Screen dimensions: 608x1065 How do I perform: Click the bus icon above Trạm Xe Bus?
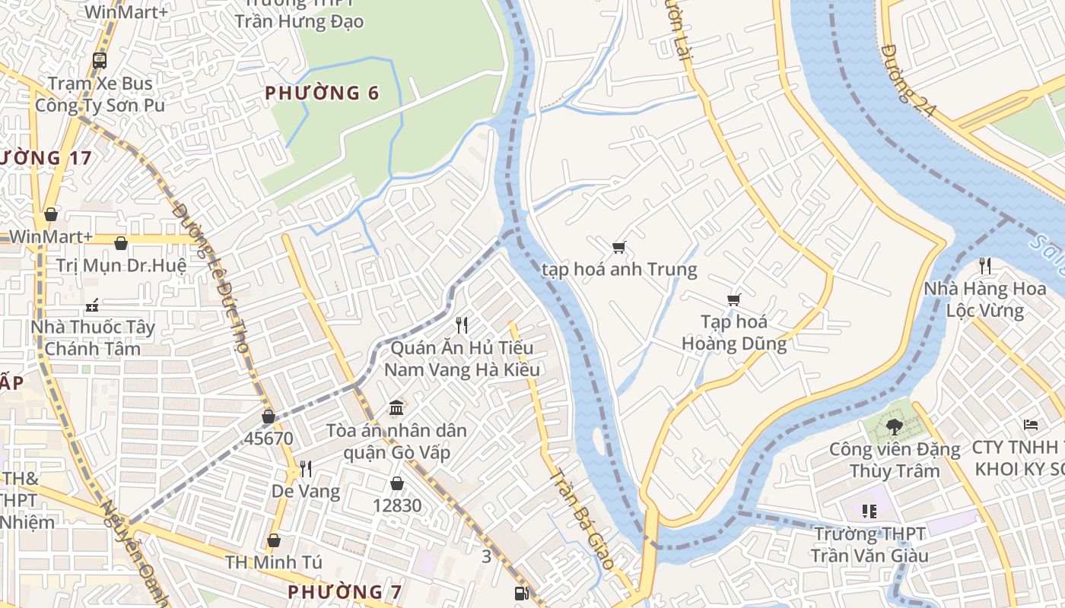[99, 60]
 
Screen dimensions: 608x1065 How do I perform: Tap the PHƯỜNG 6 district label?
[322, 93]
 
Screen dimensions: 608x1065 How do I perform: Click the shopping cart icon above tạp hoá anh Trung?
[618, 247]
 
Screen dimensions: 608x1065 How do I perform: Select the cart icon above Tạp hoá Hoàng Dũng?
[733, 299]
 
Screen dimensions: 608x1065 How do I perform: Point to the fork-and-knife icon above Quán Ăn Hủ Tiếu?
[461, 325]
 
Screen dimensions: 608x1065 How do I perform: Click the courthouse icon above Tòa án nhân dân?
[396, 408]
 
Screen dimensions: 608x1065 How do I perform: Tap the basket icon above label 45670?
[269, 416]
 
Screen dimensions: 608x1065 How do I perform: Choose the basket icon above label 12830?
[396, 483]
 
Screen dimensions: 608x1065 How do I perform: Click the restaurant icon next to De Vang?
[306, 468]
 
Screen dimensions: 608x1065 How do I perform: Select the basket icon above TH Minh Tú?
[274, 540]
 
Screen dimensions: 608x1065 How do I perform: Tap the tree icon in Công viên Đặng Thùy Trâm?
[894, 426]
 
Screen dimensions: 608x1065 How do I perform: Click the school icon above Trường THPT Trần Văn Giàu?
[869, 511]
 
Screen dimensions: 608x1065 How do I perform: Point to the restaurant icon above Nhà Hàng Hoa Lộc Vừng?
[985, 265]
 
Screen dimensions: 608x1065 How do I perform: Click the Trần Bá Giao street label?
[582, 518]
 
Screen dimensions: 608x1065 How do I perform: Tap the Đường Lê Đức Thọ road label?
[212, 277]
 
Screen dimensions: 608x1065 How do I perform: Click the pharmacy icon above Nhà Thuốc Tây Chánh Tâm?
[92, 306]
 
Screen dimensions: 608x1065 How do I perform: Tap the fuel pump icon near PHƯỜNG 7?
[521, 594]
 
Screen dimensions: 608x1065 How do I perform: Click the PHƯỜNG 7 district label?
[345, 591]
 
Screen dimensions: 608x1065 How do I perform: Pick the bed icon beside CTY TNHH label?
[1031, 424]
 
